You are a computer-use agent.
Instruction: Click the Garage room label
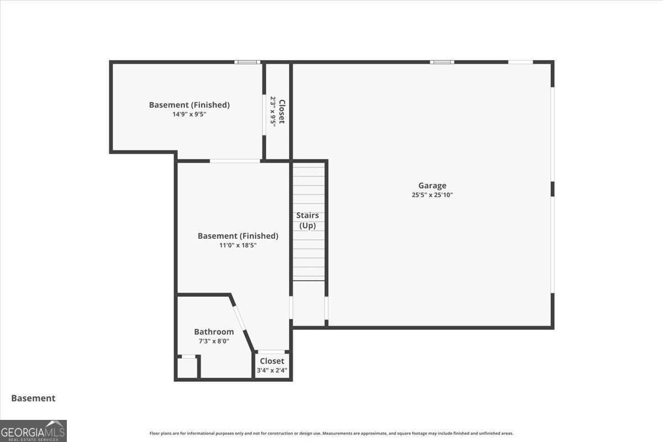pyautogui.click(x=432, y=186)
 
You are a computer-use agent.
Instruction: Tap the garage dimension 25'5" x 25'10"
pyautogui.click(x=432, y=194)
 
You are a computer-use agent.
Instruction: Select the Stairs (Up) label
pyautogui.click(x=308, y=220)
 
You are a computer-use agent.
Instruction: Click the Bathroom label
pyautogui.click(x=214, y=331)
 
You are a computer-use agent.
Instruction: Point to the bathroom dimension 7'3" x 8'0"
pyautogui.click(x=214, y=341)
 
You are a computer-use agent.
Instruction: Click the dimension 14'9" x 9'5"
pyautogui.click(x=190, y=114)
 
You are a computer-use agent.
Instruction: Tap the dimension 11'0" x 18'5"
pyautogui.click(x=238, y=245)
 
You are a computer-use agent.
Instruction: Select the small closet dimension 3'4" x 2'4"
pyautogui.click(x=272, y=370)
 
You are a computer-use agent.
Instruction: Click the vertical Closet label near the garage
pyautogui.click(x=282, y=112)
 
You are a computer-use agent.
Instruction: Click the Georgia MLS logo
pyautogui.click(x=33, y=430)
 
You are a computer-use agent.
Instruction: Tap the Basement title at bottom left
pyautogui.click(x=33, y=398)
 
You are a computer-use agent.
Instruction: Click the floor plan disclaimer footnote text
pyautogui.click(x=331, y=433)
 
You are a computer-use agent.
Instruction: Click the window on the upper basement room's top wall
pyautogui.click(x=247, y=62)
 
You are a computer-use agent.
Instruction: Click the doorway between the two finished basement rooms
pyautogui.click(x=235, y=161)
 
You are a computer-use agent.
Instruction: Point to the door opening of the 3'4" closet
pyautogui.click(x=272, y=352)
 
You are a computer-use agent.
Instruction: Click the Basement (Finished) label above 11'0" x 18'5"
pyautogui.click(x=238, y=236)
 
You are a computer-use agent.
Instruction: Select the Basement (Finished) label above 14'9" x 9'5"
pyautogui.click(x=190, y=104)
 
